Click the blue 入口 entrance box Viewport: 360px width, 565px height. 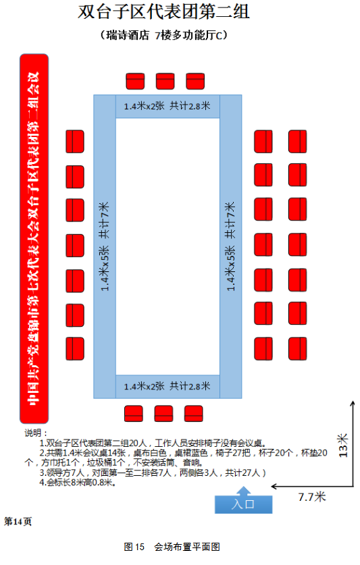[243, 504]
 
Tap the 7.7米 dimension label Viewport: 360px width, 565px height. [311, 497]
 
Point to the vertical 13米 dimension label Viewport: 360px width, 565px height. [342, 446]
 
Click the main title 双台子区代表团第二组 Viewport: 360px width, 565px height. [163, 11]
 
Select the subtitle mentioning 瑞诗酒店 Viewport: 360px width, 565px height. [163, 35]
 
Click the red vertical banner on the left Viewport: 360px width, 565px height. [34, 238]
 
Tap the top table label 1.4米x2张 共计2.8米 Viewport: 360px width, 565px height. [167, 106]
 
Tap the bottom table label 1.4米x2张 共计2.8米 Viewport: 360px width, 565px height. [167, 386]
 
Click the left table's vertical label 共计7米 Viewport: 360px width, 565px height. [104, 220]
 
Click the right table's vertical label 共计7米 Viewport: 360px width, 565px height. [230, 220]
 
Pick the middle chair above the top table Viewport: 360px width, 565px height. [165, 81]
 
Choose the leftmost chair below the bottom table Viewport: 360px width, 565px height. [134, 414]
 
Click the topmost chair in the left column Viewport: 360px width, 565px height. [75, 142]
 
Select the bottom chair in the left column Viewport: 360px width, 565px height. [75, 349]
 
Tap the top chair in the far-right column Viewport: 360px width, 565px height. [298, 142]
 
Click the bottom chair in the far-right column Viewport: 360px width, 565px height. [298, 349]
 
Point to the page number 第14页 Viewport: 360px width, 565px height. [18, 521]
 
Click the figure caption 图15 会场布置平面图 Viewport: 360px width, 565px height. [172, 547]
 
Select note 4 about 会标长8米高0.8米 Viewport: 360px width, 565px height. [78, 483]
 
